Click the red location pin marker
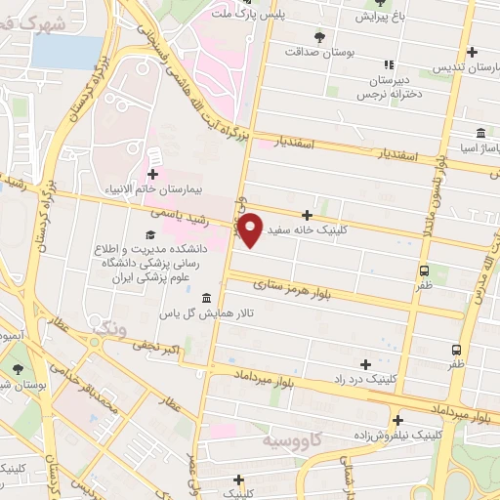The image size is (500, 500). click(x=251, y=229)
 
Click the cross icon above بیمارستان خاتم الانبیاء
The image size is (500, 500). click(x=152, y=173)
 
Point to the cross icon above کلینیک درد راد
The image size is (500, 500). click(x=365, y=364)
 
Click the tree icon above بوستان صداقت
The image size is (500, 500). click(x=319, y=36)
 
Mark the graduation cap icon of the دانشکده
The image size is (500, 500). click(x=150, y=234)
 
